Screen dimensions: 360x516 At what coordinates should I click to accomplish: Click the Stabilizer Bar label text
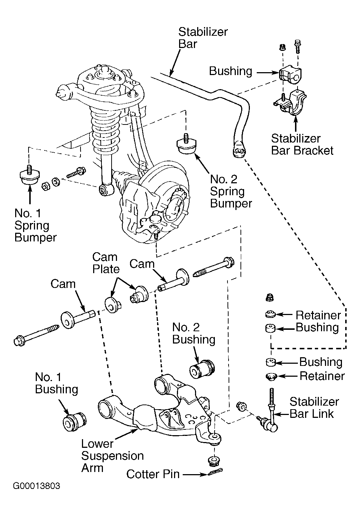point(203,38)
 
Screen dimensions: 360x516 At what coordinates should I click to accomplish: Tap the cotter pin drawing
point(215,472)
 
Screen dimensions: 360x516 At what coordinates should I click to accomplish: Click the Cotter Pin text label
point(153,474)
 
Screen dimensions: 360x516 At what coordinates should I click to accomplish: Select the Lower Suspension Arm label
point(112,456)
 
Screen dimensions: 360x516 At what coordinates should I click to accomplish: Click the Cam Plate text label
point(106,263)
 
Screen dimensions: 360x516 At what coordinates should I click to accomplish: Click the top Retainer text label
point(318,315)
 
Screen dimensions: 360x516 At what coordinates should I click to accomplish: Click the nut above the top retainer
point(269,297)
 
